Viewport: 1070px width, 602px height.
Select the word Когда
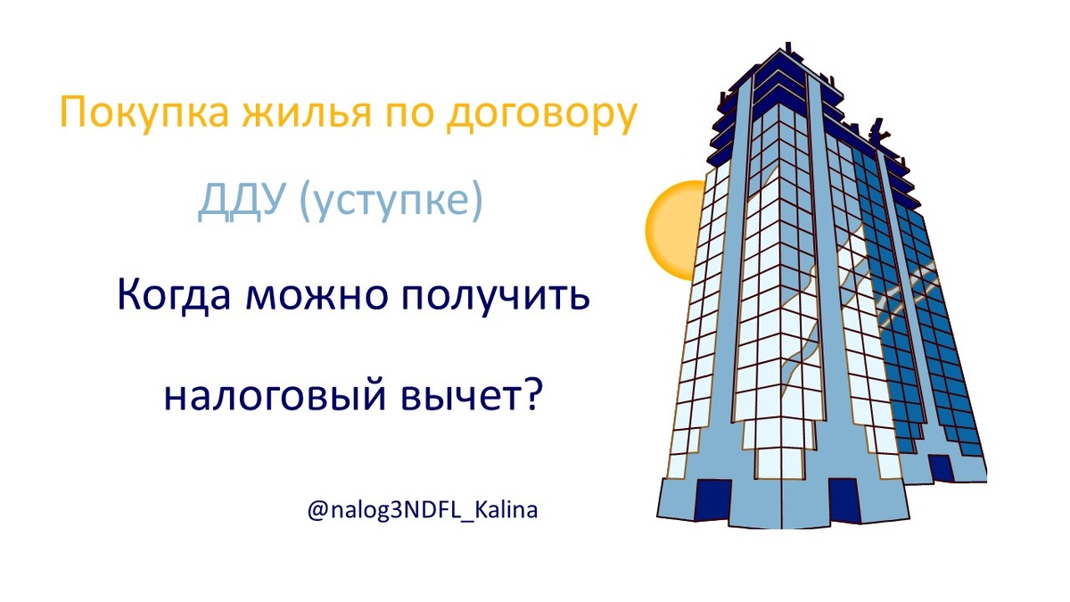[172, 296]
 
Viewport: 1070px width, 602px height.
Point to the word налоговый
[267, 393]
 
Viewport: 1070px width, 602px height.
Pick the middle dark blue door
[842, 497]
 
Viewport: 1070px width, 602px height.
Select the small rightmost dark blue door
[939, 467]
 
